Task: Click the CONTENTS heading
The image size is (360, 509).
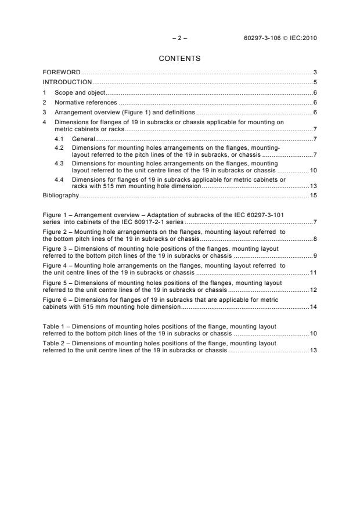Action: coord(179,59)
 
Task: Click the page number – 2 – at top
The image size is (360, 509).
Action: coord(179,38)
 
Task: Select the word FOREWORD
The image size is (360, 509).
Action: coord(62,72)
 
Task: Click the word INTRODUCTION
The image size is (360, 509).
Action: coord(67,82)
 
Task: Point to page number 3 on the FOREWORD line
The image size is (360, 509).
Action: coord(315,72)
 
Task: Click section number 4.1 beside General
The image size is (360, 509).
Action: coord(59,139)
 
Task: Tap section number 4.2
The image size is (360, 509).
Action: coord(59,149)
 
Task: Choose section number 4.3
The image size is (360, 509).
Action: coord(59,164)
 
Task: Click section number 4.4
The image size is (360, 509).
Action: coord(59,180)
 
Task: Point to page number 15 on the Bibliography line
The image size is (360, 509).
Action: coord(313,196)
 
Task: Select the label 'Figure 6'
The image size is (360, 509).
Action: coord(55,299)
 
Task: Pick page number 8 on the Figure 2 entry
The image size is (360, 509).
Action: coord(315,239)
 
